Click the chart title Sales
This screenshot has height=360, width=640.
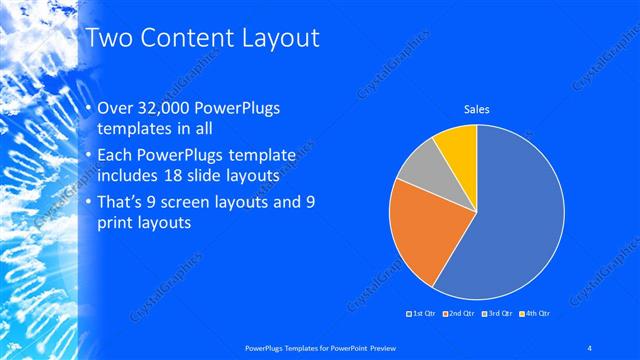click(x=475, y=109)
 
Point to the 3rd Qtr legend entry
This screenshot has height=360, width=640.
click(x=497, y=314)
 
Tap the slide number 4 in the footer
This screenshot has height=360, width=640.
click(x=590, y=347)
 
